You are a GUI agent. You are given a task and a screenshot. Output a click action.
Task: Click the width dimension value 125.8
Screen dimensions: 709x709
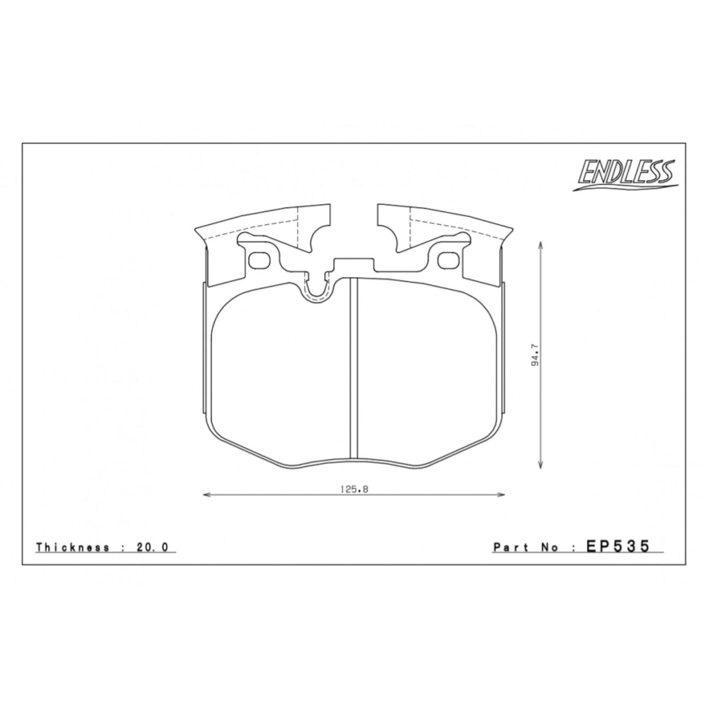[x=354, y=489]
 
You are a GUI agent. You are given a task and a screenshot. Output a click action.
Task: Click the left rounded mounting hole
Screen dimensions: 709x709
[x=259, y=261]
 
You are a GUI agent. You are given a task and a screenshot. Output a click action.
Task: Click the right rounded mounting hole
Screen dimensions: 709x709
[x=448, y=261]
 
